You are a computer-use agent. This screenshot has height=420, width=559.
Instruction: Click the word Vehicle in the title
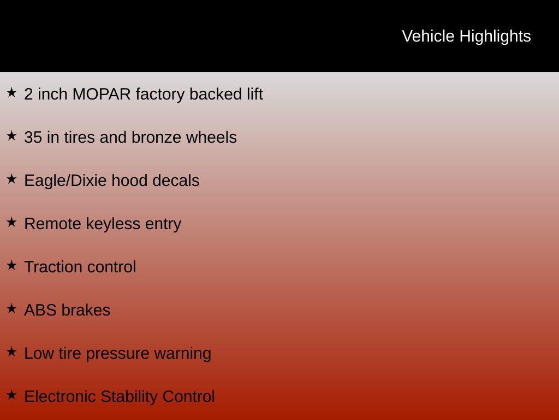[428, 36]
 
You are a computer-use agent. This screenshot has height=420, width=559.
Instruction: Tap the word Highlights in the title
[495, 36]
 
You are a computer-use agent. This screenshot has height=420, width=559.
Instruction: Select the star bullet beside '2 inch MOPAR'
[11, 93]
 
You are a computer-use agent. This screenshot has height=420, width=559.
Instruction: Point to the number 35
[33, 137]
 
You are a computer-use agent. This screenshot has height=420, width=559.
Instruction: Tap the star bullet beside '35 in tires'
[11, 136]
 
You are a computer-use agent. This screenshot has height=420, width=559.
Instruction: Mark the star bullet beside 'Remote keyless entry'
[11, 223]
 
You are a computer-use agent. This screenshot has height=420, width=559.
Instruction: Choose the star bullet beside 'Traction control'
[11, 266]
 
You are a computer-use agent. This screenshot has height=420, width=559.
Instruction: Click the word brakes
[86, 310]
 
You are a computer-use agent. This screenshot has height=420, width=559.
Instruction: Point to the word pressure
[117, 353]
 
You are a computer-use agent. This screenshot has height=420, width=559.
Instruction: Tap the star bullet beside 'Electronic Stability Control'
[11, 395]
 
